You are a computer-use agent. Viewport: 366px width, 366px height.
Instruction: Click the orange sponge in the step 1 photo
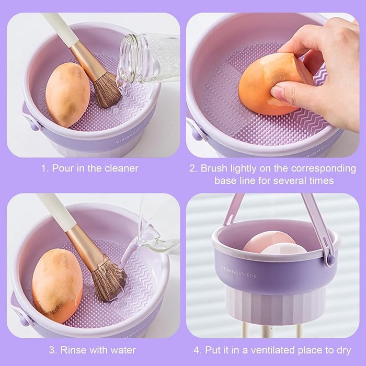67,95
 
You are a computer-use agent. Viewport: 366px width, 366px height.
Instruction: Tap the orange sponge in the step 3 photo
57,285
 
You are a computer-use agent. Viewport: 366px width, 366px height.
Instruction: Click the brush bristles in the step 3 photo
109,279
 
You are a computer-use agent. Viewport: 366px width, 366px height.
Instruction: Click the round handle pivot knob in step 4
330,259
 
